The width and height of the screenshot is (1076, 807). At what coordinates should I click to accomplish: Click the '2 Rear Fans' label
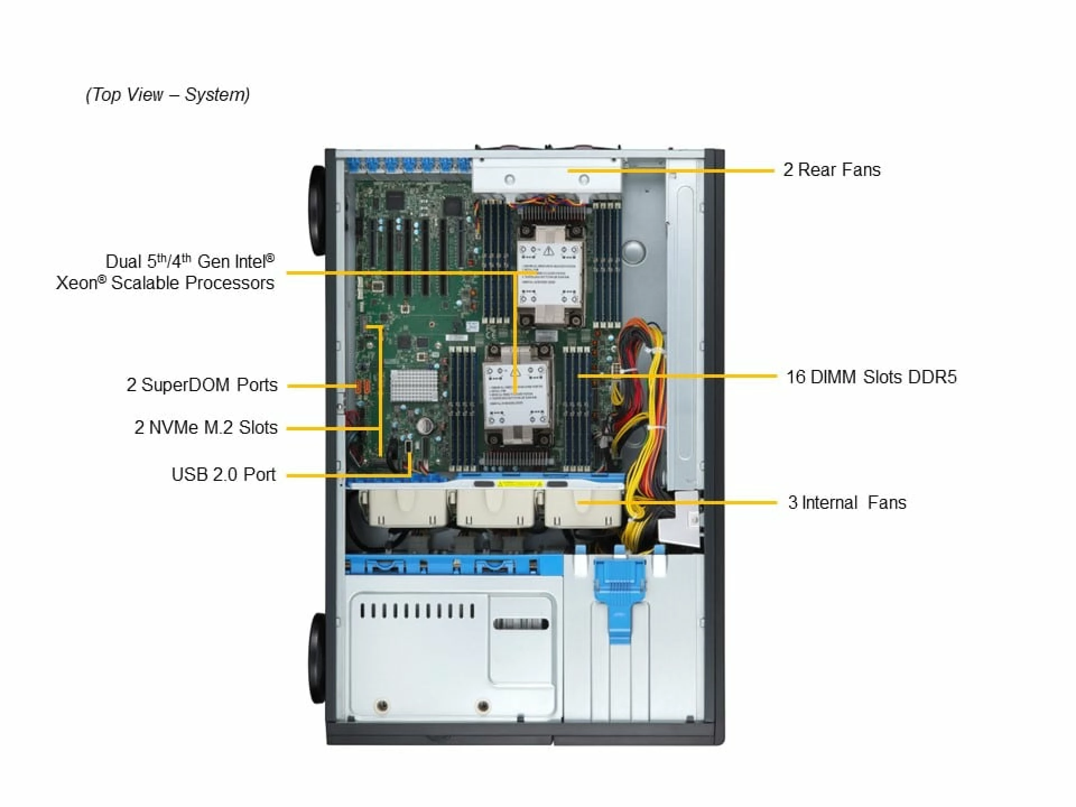tap(832, 170)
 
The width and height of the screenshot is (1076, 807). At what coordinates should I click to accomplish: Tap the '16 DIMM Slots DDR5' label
tap(871, 377)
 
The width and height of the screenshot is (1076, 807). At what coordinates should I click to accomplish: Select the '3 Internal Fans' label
tap(847, 503)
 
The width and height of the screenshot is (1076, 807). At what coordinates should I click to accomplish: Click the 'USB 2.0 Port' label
tap(224, 475)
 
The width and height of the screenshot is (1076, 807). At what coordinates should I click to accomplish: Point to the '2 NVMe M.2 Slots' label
tap(206, 428)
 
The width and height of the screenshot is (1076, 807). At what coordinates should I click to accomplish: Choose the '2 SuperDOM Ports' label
tap(202, 385)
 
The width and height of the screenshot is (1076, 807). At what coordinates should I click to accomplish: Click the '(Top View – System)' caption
tap(168, 94)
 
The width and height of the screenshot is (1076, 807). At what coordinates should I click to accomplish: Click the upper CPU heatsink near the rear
tap(549, 269)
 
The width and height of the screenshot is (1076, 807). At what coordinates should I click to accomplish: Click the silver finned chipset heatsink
tap(414, 386)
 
